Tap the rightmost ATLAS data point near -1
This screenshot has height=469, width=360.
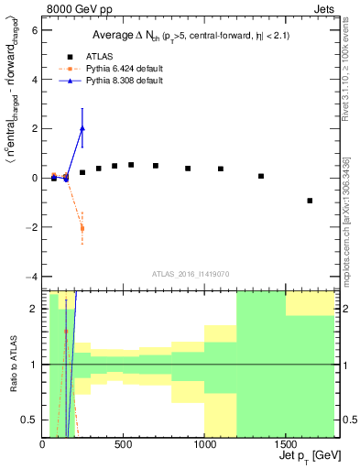click(x=310, y=201)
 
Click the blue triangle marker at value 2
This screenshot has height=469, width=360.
click(x=82, y=128)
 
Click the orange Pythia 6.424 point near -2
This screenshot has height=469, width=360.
click(x=82, y=228)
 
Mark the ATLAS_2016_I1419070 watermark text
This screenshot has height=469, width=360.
click(x=190, y=273)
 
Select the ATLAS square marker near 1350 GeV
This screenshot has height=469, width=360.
click(x=261, y=176)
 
